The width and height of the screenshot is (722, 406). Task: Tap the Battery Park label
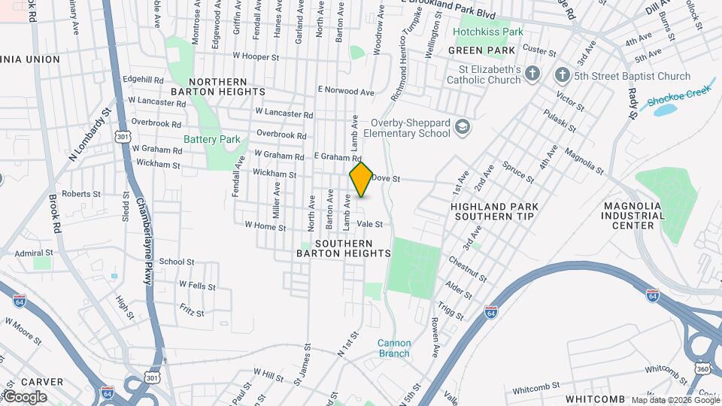(212, 139)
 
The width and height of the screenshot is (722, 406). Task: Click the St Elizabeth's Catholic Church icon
(533, 74)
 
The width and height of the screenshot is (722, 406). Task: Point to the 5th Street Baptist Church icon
(562, 75)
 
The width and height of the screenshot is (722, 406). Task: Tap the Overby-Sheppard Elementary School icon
(462, 128)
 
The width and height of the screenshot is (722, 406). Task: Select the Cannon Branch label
(394, 348)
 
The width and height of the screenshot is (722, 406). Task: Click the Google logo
(25, 397)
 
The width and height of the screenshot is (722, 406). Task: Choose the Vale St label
(370, 224)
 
